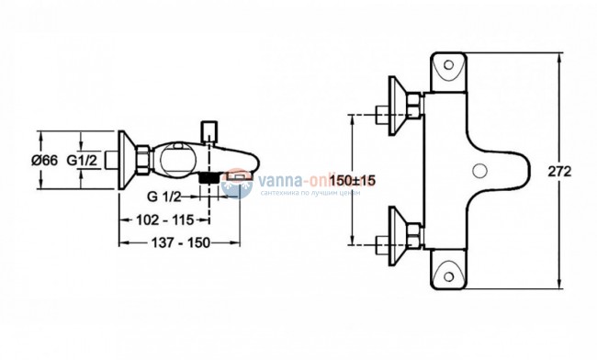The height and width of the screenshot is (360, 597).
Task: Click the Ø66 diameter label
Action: (x=43, y=161)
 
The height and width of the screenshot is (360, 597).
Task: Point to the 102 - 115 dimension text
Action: (x=163, y=220)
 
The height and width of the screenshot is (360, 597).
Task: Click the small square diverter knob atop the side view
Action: (x=209, y=129)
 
